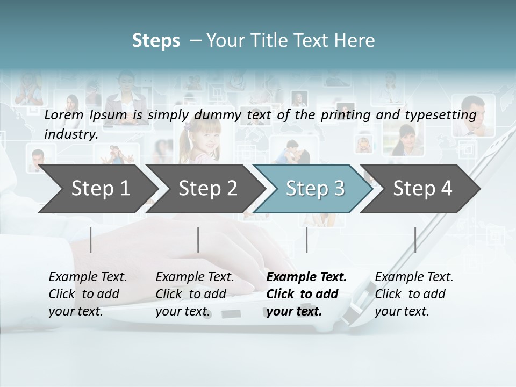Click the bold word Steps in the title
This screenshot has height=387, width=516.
click(x=156, y=40)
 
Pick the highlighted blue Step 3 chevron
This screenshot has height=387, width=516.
click(x=314, y=189)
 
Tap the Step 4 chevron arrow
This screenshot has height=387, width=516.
click(x=422, y=189)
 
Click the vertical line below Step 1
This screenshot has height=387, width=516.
click(x=91, y=240)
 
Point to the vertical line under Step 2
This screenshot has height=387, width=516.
click(x=198, y=240)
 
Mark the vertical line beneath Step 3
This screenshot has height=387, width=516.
click(x=307, y=240)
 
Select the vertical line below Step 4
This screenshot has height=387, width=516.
click(x=415, y=240)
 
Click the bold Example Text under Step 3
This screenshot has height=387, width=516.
click(x=306, y=293)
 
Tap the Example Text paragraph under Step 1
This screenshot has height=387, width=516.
click(x=88, y=293)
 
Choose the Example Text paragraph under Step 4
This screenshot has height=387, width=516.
click(x=414, y=293)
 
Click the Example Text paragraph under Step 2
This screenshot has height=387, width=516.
click(x=195, y=293)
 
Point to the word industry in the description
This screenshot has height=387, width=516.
click(x=71, y=134)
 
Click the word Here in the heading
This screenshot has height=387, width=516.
click(x=356, y=40)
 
